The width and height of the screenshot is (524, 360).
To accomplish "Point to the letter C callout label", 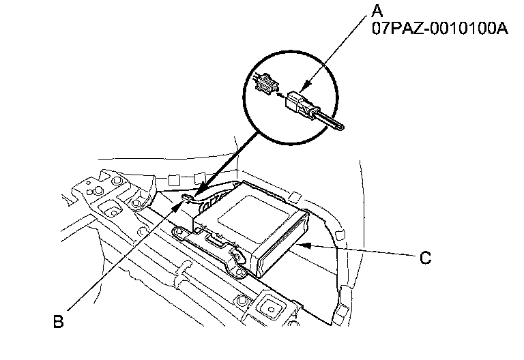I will [424, 258].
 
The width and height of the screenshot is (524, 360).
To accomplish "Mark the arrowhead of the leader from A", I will [304, 87].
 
